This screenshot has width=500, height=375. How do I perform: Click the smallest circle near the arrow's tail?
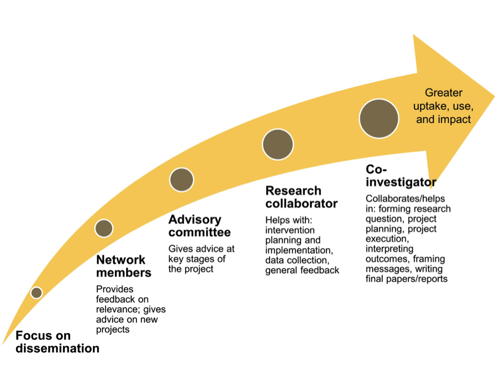coord(36,292)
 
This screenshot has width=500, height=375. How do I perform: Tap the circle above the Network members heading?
coord(104,228)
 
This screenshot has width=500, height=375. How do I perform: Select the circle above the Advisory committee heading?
coord(181,180)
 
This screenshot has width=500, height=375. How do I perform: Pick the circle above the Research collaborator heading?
coord(278,145)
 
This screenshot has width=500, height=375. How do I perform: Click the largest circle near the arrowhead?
coord(379,119)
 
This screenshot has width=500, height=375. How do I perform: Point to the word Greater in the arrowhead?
coord(444,93)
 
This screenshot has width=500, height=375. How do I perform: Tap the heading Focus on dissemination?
coord(57,342)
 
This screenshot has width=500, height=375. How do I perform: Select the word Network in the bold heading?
coord(120,260)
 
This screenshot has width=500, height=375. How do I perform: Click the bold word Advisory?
coord(195,220)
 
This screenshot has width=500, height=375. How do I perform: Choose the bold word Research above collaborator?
coord(293,191)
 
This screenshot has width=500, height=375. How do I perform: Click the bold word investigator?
coord(401,182)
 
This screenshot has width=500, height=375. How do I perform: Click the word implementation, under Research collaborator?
coord(299,250)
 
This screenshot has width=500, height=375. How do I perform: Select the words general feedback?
coord(302,271)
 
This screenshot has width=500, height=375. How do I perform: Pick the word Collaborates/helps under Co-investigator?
coord(405,199)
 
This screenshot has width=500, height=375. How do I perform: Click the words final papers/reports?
coord(407,279)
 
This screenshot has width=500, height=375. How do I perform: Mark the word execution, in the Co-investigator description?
coord(387,239)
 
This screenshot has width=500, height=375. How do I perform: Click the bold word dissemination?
coord(57,348)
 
